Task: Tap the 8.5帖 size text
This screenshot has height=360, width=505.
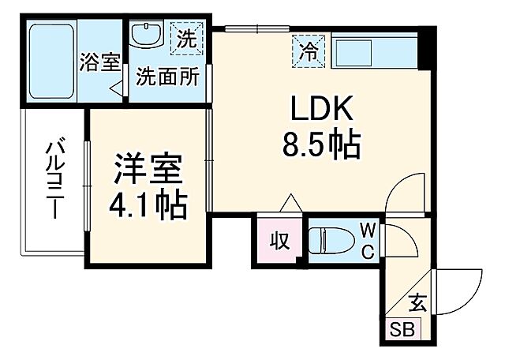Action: [x=320, y=144]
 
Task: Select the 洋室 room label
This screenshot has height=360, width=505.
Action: [x=148, y=169]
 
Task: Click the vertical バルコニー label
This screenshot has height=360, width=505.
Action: [x=54, y=178]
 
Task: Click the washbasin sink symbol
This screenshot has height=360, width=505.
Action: [x=145, y=36]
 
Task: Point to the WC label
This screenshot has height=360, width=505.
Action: [x=368, y=239]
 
